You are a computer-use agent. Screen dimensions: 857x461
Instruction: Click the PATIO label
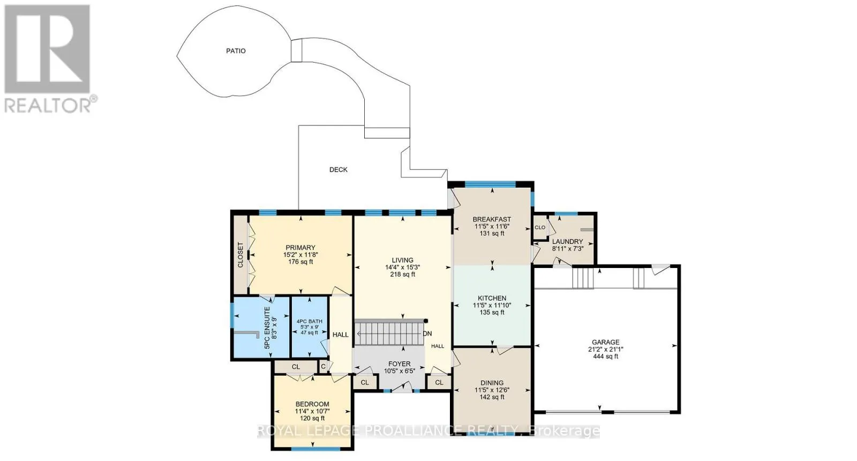236,51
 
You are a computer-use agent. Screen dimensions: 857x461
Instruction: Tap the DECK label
339,169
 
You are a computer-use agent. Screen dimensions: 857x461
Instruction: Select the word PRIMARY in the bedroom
300,248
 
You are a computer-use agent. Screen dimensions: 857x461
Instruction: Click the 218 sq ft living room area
402,274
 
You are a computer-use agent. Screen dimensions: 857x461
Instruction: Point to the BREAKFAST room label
492,219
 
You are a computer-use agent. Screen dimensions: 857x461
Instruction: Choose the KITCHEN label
492,298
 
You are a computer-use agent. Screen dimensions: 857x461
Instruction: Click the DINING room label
492,383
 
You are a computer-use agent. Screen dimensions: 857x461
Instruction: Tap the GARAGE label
606,343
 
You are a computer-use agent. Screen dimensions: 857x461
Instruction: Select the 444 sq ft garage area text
606,356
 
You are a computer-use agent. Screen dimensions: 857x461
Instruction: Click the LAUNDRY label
567,242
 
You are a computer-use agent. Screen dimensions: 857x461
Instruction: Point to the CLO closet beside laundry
540,227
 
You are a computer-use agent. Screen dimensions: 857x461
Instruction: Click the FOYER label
400,364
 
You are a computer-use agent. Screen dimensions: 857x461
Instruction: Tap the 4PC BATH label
310,322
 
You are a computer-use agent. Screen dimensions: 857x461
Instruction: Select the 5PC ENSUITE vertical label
267,328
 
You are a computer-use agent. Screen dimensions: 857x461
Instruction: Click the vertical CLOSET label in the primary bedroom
240,255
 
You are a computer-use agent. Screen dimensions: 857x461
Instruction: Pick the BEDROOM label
312,404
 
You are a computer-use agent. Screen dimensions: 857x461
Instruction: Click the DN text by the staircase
427,333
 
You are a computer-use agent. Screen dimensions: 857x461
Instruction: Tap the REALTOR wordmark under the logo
48,106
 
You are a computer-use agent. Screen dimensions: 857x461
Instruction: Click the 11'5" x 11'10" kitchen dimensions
492,306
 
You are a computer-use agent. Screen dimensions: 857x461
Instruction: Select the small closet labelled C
324,367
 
